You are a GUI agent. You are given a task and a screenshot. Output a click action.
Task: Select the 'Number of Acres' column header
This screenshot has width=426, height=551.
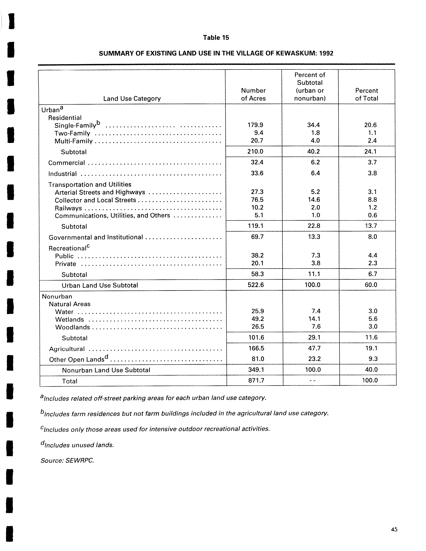253,94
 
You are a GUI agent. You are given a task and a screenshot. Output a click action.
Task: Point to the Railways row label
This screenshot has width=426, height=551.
68,208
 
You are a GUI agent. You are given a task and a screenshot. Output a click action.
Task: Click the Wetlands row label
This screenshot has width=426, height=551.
70,319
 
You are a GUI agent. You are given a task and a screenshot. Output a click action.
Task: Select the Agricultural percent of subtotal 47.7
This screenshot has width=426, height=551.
314,348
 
